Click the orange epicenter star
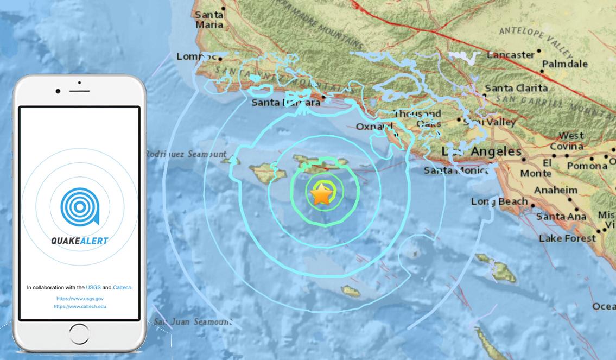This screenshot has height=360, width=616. [x=322, y=194]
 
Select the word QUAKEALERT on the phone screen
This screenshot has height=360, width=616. [x=79, y=241]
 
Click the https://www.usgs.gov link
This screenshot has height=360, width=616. [x=79, y=299]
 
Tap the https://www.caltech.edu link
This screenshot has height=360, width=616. [x=79, y=306]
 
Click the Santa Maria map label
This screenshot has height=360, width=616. [x=209, y=20]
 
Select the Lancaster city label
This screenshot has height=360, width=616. [x=510, y=55]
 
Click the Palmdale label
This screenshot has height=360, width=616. [x=564, y=64]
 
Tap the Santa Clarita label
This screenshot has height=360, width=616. [x=516, y=88]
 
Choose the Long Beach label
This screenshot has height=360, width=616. [x=499, y=201]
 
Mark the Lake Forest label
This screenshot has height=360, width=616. [x=567, y=238]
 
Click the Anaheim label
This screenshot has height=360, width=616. [x=556, y=191]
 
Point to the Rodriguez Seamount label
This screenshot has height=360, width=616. [x=186, y=154]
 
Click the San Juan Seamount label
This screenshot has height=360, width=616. [x=193, y=321]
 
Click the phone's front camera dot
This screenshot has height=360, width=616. [x=58, y=91]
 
